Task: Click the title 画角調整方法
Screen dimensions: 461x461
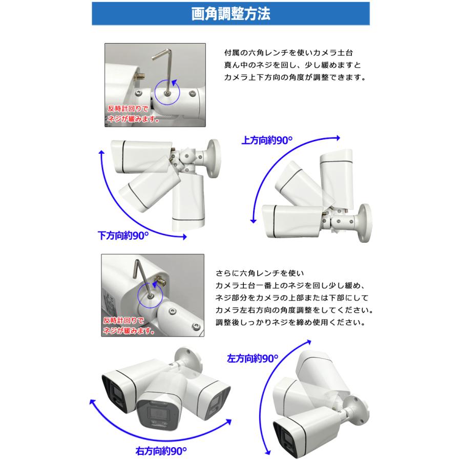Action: pyautogui.click(x=230, y=13)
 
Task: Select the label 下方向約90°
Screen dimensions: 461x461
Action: pyautogui.click(x=123, y=236)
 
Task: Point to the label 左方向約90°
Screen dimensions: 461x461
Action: pyautogui.click(x=252, y=359)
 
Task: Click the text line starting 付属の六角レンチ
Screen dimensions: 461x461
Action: pyautogui.click(x=289, y=53)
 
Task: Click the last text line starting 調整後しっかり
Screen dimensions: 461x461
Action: pyautogui.click(x=290, y=323)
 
